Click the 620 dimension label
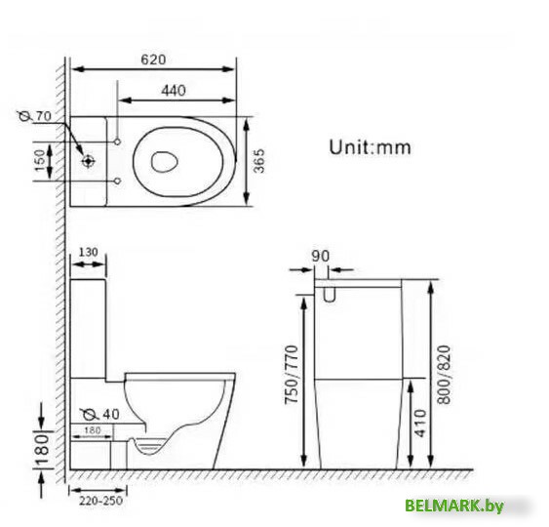tap(153, 60)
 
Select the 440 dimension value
tap(174, 91)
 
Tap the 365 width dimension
tap(259, 161)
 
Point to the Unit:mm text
tap(371, 147)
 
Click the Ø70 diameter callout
tap(35, 115)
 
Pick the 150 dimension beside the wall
tap(40, 161)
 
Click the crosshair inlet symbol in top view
tap(88, 161)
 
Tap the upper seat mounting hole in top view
tap(118, 142)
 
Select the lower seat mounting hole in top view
tap(118, 182)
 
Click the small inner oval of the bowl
tap(164, 162)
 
